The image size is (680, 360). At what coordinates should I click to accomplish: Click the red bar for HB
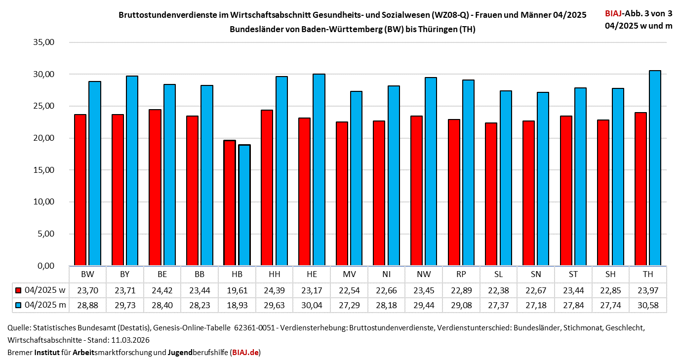(230, 203)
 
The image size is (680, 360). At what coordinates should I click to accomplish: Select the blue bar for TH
(655, 168)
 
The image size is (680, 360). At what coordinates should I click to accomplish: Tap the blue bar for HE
(319, 170)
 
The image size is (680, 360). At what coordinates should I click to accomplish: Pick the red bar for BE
(155, 188)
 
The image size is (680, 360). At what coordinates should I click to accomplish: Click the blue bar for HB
(244, 205)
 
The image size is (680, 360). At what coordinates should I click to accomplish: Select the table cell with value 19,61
(237, 290)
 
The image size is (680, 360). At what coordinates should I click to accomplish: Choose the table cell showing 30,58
(647, 305)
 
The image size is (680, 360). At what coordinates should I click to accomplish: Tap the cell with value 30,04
(312, 305)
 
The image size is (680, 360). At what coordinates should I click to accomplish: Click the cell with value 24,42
(162, 290)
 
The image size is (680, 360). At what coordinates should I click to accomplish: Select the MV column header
(349, 274)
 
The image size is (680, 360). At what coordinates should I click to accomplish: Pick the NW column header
(424, 274)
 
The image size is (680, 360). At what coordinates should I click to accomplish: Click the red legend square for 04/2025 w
(19, 290)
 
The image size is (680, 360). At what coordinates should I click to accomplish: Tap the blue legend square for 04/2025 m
(19, 305)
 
